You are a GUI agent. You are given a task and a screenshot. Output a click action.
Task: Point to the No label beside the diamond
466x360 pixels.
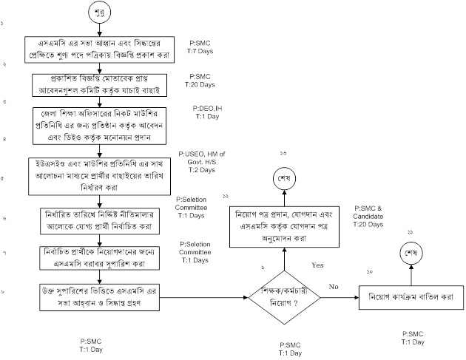coord(334,285)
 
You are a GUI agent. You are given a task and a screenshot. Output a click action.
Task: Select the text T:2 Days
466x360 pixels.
coord(199,170)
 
